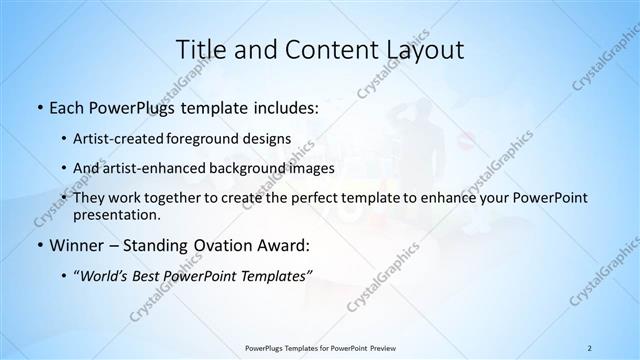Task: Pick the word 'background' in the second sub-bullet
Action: (x=256, y=168)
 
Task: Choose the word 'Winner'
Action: (x=78, y=244)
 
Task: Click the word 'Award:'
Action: (x=280, y=244)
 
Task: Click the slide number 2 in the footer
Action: (x=590, y=347)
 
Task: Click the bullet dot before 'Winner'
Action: (x=38, y=245)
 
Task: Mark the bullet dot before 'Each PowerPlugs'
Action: (x=38, y=106)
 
